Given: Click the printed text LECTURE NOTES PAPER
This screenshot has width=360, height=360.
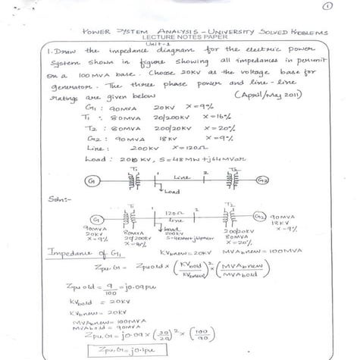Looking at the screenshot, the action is (x=179, y=39).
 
